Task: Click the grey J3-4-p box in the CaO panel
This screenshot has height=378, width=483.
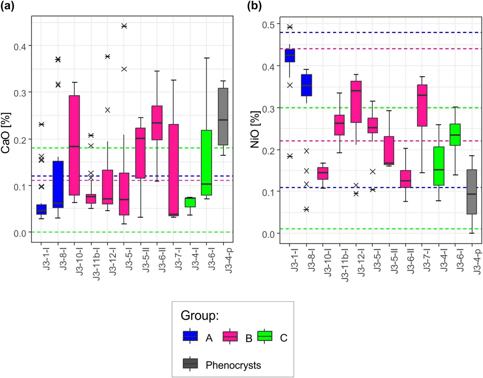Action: coord(223,117)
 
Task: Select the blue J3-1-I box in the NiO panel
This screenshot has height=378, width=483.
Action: coord(290,56)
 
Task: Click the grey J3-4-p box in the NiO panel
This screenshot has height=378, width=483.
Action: coord(472,192)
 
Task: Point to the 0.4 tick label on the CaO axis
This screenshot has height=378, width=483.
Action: coord(21,46)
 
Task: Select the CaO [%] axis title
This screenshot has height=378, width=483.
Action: coord(6,133)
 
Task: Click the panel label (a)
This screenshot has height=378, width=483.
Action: coord(7,6)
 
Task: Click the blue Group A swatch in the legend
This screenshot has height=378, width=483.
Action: coord(190,336)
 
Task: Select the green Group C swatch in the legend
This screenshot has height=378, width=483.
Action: coord(264,336)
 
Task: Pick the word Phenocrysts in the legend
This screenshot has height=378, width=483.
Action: coord(233,365)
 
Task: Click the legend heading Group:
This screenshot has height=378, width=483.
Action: coord(200,315)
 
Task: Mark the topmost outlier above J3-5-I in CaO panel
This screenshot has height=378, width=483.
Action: coord(124,26)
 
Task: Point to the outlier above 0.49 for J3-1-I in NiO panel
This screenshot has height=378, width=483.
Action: coord(290,27)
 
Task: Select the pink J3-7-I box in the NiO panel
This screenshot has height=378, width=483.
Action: coord(422,105)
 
